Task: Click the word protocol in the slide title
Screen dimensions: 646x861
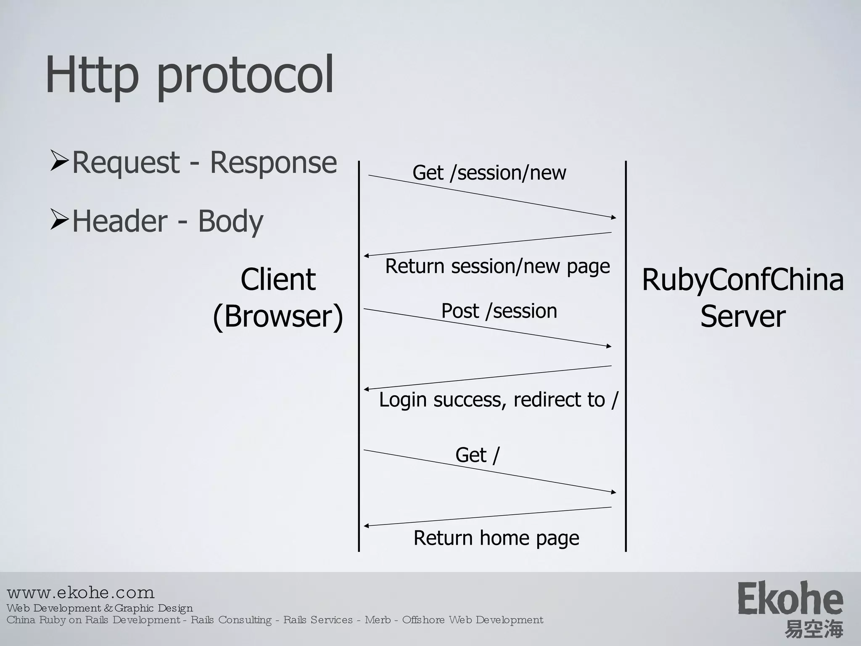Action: (x=245, y=76)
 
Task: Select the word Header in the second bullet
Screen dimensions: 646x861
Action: (x=120, y=221)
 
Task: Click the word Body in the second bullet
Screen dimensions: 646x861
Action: (x=230, y=221)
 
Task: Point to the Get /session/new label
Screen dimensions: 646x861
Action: (x=489, y=173)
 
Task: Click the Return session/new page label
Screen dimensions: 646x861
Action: (x=497, y=266)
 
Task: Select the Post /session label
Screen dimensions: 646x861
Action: (x=499, y=311)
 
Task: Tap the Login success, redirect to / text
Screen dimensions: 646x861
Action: (x=499, y=400)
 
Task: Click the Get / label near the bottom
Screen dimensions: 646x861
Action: (x=477, y=455)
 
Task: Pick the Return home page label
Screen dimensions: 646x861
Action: (x=496, y=538)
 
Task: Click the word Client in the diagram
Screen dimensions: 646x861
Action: (x=278, y=280)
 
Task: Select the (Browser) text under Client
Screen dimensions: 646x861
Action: (x=278, y=316)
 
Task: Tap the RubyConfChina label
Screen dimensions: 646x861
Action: (x=742, y=280)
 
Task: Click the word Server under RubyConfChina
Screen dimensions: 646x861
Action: (x=742, y=316)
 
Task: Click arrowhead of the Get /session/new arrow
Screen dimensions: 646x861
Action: (x=613, y=217)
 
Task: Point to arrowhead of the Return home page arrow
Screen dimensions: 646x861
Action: (x=367, y=526)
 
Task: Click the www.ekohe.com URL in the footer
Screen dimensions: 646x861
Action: (x=81, y=593)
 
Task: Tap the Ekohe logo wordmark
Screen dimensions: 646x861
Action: (x=790, y=598)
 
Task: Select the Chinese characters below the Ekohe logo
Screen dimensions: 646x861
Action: (x=813, y=630)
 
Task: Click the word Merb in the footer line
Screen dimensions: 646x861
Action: (x=378, y=620)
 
